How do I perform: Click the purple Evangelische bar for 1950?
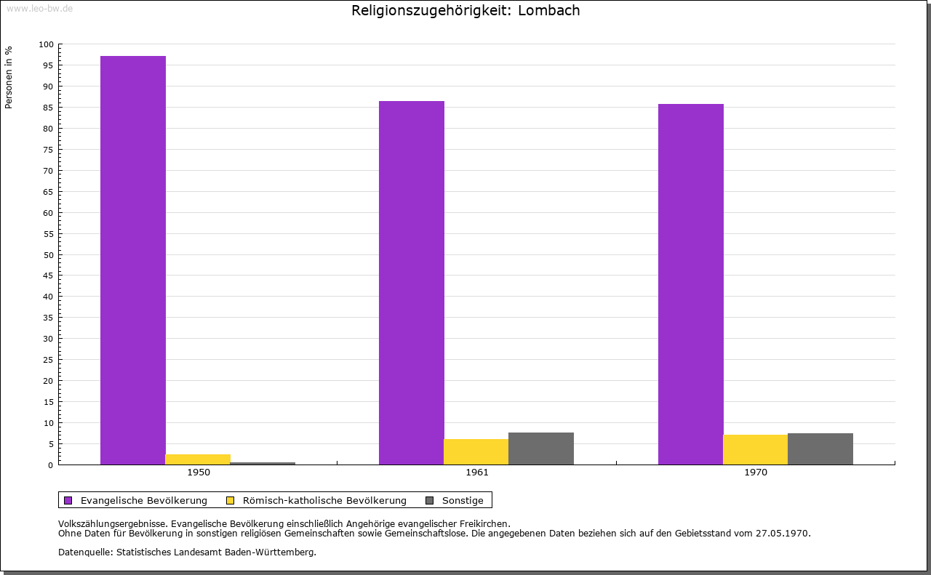click(133, 260)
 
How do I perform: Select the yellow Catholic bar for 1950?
click(198, 459)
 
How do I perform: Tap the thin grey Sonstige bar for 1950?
click(263, 463)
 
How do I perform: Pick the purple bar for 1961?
click(412, 283)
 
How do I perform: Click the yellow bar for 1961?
click(476, 451)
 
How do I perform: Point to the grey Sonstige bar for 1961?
click(541, 449)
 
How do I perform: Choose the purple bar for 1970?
click(691, 284)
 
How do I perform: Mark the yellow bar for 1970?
click(756, 449)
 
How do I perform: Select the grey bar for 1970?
click(820, 449)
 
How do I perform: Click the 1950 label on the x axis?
click(199, 473)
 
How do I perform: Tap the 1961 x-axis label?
click(477, 473)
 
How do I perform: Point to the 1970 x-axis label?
click(756, 473)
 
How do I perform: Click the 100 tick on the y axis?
click(46, 44)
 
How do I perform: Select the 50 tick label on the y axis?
click(49, 255)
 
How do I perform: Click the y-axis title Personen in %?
click(9, 77)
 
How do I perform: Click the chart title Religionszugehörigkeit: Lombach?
click(465, 10)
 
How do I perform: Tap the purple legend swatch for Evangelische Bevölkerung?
click(68, 501)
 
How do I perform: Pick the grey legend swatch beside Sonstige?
click(430, 501)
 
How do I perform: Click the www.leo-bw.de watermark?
click(39, 9)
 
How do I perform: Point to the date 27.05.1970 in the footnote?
click(783, 534)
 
